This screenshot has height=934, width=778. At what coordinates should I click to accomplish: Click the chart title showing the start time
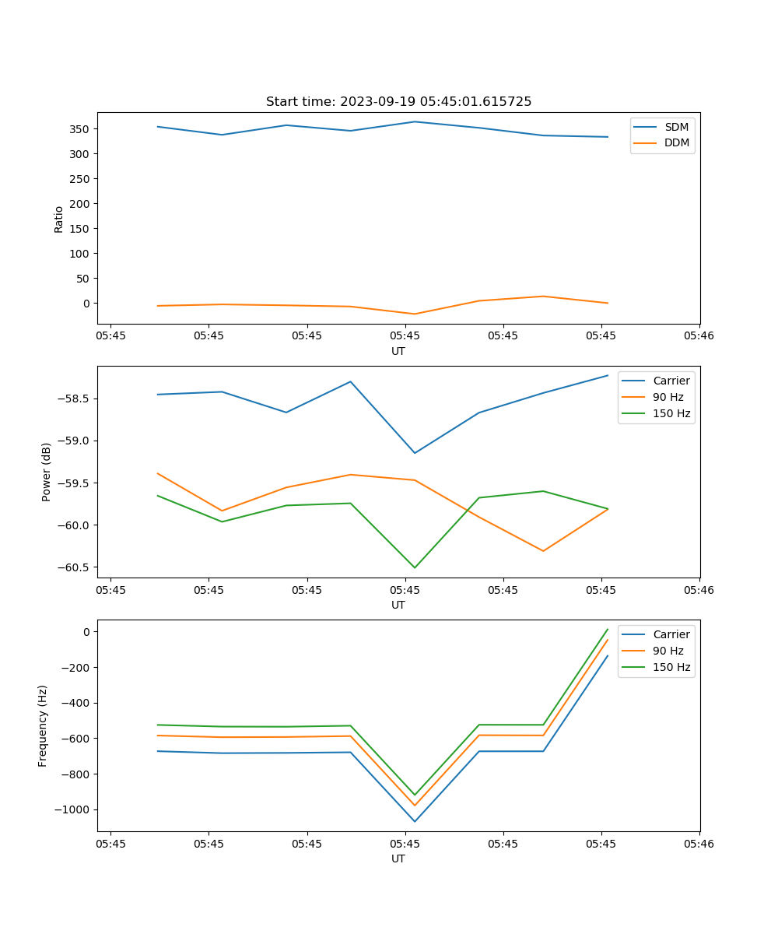pyautogui.click(x=398, y=102)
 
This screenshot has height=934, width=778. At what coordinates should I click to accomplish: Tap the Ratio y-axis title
pyautogui.click(x=59, y=219)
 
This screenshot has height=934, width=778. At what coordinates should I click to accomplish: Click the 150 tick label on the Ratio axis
pyautogui.click(x=79, y=228)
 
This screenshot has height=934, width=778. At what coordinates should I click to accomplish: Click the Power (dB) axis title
pyautogui.click(x=47, y=472)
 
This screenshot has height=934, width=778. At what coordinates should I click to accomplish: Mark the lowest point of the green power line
pyautogui.click(x=414, y=567)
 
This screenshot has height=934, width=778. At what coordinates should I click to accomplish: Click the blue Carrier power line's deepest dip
pyautogui.click(x=414, y=453)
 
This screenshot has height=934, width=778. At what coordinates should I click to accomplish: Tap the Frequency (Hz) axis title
pyautogui.click(x=44, y=725)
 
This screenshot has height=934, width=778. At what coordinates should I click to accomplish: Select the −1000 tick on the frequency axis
pyautogui.click(x=72, y=810)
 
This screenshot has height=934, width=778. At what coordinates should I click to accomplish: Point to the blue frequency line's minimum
pyautogui.click(x=414, y=821)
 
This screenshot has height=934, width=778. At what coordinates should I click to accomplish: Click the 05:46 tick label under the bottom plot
pyautogui.click(x=699, y=843)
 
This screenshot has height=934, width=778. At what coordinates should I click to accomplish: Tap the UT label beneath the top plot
pyautogui.click(x=398, y=351)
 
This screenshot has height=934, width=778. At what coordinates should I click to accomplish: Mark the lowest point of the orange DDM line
pyautogui.click(x=414, y=314)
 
